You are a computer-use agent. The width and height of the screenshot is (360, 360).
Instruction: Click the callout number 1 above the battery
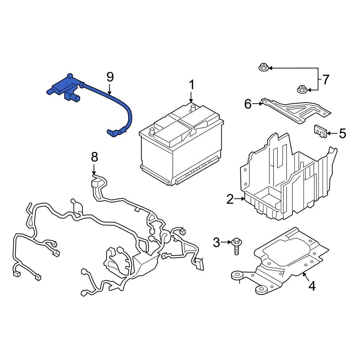pos(192,85)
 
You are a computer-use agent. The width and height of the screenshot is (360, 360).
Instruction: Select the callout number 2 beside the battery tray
pos(230,199)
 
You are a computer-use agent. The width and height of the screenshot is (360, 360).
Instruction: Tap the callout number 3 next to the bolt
pos(216,243)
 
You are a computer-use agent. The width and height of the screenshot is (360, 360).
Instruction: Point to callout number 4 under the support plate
pos(312,286)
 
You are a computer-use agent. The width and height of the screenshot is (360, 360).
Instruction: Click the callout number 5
pos(342,134)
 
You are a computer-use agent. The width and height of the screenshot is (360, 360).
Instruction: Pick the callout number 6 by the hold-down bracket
pos(248,104)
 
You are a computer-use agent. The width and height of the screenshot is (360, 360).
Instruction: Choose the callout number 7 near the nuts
pos(325,80)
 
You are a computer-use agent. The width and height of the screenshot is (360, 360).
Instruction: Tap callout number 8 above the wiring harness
pos(94,157)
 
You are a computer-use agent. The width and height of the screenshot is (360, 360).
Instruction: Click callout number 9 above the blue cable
pos(110,77)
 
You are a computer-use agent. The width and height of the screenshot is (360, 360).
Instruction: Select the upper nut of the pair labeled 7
pos(263,67)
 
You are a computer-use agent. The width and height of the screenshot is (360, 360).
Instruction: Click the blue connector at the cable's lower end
pos(113,133)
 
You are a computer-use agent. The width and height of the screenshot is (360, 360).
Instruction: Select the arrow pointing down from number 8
pos(94,170)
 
